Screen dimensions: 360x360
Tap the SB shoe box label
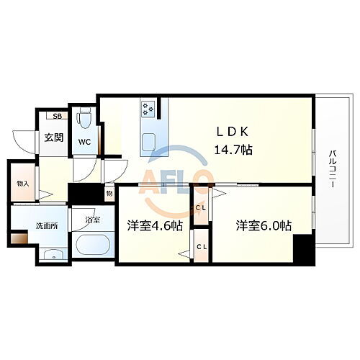(54, 115)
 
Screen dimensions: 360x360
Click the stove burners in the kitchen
(149, 109)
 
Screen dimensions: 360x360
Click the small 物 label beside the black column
(109, 193)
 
